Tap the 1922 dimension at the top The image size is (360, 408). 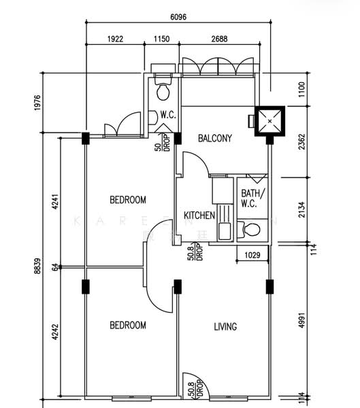(x=115, y=39)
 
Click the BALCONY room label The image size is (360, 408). (x=215, y=138)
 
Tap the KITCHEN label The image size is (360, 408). (x=199, y=216)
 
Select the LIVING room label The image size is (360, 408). (x=225, y=326)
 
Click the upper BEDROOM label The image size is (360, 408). (x=128, y=200)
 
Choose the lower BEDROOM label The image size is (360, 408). (x=128, y=326)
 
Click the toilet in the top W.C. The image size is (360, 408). (x=163, y=90)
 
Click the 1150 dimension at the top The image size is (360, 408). (x=161, y=39)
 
